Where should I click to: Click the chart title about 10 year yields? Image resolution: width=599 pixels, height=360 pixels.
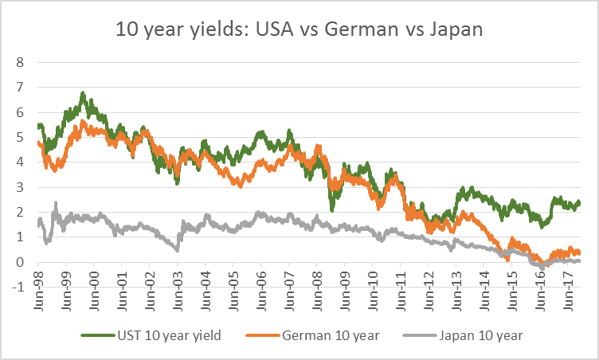pos(299,31)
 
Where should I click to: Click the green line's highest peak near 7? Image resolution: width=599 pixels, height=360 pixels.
pos(83,93)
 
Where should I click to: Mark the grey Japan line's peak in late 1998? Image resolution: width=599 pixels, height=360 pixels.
pos(56,204)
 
